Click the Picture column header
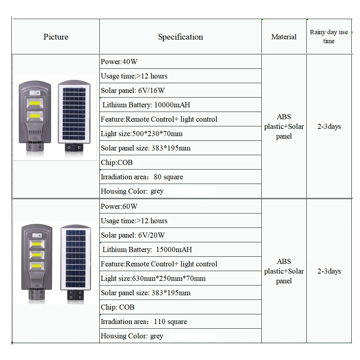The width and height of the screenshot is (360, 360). point(56,37)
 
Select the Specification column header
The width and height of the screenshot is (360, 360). point(180,37)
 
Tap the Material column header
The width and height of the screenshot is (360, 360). point(284,37)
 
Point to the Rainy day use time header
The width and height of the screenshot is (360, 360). point(329,36)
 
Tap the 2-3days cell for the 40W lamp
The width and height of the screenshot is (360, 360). point(329,126)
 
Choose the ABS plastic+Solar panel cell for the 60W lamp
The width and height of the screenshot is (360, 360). point(284,271)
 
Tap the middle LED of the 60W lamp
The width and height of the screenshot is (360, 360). point(37,255)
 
